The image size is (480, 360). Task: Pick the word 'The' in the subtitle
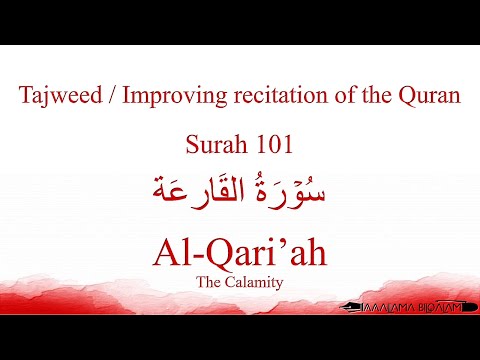213,283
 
